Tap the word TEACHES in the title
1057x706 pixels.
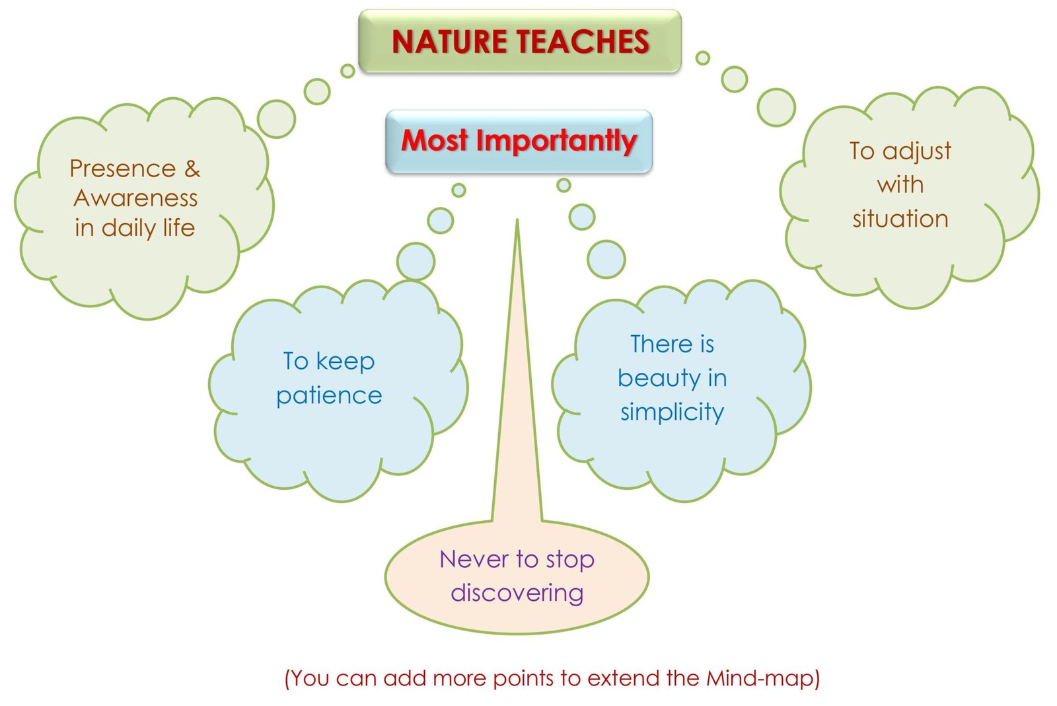pos(583,41)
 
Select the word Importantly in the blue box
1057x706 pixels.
pos(556,141)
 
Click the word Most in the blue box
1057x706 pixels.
pos(434,140)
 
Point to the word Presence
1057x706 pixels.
pos(123,169)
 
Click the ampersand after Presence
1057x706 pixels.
pos(192,169)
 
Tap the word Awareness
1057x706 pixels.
pos(135,198)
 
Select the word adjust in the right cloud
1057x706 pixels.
pos(916,152)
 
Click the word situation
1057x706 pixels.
pos(900,219)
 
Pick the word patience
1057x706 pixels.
pos(329,396)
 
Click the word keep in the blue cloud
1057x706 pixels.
pos(345,362)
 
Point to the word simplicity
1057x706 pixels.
pos(672,412)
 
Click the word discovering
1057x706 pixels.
pos(517,594)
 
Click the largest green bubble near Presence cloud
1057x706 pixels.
pos(277,119)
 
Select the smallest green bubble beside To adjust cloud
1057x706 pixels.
pos(703,58)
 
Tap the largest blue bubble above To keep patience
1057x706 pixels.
pos(416,262)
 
